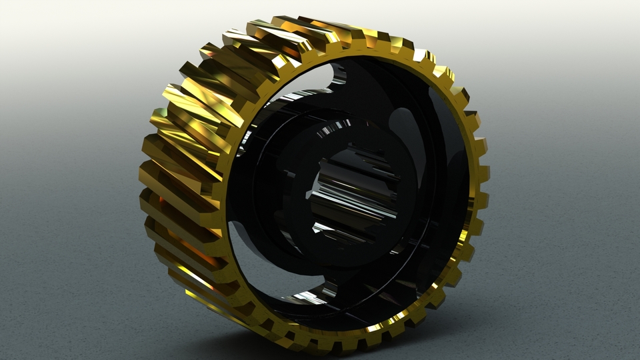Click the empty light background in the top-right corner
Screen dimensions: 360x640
(600, 27)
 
